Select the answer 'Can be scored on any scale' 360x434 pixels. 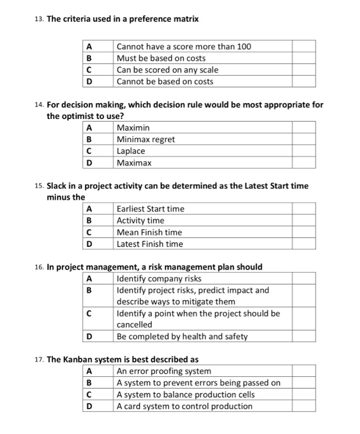tap(167, 70)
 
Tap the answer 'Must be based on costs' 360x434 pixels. tap(161, 58)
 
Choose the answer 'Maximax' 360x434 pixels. tap(134, 163)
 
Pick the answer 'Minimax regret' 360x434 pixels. tap(146, 139)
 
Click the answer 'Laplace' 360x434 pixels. tap(131, 151)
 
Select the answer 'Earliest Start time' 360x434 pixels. tap(151, 209)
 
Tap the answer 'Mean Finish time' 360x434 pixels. tap(149, 232)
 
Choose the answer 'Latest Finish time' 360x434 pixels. tap(150, 244)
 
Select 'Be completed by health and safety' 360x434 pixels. tap(182, 337)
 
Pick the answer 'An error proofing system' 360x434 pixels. tap(164, 371)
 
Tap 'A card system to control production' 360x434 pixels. tap(185, 407)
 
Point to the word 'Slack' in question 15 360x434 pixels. tap(58, 186)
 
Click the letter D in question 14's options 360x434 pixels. tap(89, 163)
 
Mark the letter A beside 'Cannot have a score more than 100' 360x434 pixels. tap(89, 46)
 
